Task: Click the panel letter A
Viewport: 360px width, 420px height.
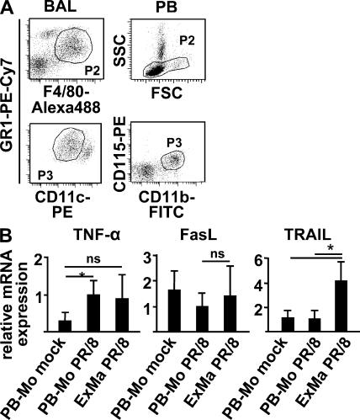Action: click(8, 8)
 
